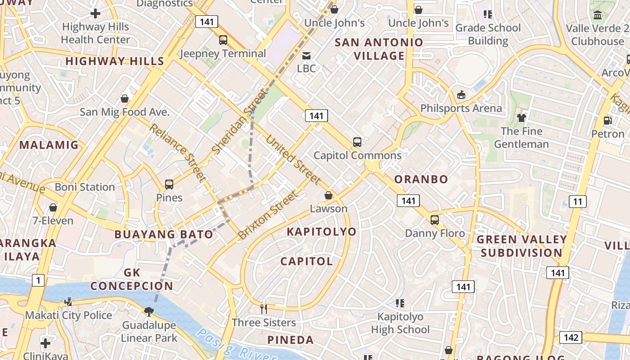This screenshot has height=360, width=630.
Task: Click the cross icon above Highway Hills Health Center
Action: [x=95, y=13]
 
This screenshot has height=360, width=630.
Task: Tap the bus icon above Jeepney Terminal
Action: [x=223, y=40]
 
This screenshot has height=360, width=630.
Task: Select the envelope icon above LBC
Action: [x=306, y=55]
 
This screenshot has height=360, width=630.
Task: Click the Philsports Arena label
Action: [x=461, y=108]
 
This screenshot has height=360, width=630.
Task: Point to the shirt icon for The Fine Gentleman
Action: [x=521, y=118]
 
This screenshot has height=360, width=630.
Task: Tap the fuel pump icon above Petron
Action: [x=607, y=121]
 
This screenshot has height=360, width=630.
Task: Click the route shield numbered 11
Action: [x=577, y=201]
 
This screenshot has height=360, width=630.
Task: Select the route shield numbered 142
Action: [x=571, y=337]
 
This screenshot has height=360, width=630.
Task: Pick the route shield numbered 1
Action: [x=38, y=280]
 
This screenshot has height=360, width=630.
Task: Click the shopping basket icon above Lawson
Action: [x=328, y=196]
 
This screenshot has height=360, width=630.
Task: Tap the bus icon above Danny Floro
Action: [x=435, y=220]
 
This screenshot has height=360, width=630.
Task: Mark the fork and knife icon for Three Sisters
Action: [x=264, y=309]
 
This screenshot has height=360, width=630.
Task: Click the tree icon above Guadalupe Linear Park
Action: [x=148, y=311]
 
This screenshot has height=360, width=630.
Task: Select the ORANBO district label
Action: [x=421, y=179]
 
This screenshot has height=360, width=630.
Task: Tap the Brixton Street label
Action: [x=268, y=215]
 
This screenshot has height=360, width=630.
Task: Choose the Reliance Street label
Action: [x=177, y=152]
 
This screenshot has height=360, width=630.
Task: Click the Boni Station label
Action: [x=85, y=187]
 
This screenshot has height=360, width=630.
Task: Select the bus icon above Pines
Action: [x=169, y=184]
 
